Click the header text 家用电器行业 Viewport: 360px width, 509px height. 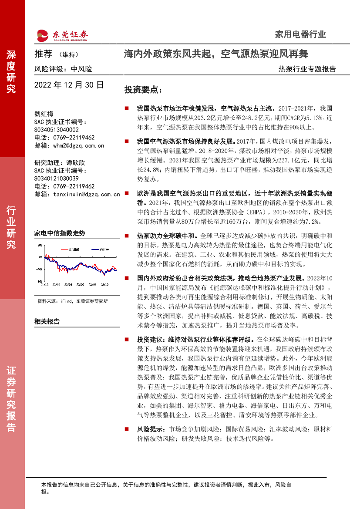pos(300,34)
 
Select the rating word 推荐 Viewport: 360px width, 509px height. pos(43,54)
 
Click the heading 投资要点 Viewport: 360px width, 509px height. pos(143,90)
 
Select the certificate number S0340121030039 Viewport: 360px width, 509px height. pos(57,179)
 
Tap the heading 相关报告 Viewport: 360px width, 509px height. pos(47,322)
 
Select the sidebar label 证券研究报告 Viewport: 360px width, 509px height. pos(11,399)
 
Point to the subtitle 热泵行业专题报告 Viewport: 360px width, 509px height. pos(307,69)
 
